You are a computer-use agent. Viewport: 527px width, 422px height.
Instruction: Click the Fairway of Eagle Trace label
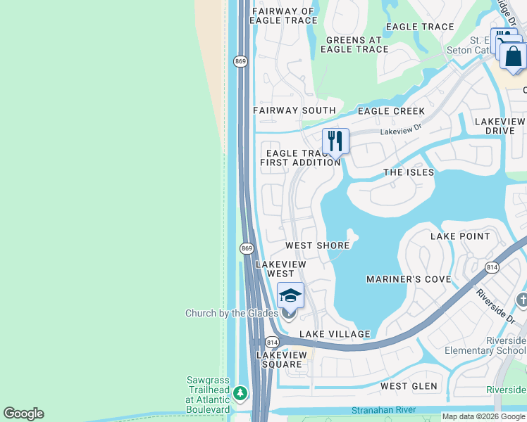click(283, 15)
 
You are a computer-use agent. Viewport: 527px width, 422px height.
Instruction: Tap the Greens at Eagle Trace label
click(354, 45)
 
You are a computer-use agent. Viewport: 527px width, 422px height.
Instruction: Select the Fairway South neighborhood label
click(294, 110)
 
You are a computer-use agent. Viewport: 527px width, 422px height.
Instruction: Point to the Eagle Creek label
click(391, 111)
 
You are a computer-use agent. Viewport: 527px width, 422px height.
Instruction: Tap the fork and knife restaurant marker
click(336, 141)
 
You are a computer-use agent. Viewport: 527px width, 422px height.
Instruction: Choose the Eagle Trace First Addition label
click(300, 158)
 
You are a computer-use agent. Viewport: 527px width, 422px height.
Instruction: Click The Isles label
click(409, 172)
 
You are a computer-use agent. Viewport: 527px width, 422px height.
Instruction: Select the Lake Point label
click(460, 236)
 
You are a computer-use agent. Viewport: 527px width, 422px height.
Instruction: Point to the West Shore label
click(317, 245)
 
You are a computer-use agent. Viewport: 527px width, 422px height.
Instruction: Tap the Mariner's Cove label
click(409, 279)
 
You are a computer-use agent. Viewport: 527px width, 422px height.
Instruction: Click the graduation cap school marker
click(290, 295)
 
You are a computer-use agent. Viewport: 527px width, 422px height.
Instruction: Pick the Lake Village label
click(335, 334)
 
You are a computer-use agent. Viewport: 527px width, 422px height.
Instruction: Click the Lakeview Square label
click(284, 359)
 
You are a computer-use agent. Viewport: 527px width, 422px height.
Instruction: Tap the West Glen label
click(409, 386)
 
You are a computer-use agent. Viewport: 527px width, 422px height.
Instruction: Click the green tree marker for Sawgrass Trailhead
click(241, 392)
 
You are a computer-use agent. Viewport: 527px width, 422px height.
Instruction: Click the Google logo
click(23, 414)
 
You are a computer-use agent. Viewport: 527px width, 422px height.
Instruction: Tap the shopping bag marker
click(514, 56)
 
